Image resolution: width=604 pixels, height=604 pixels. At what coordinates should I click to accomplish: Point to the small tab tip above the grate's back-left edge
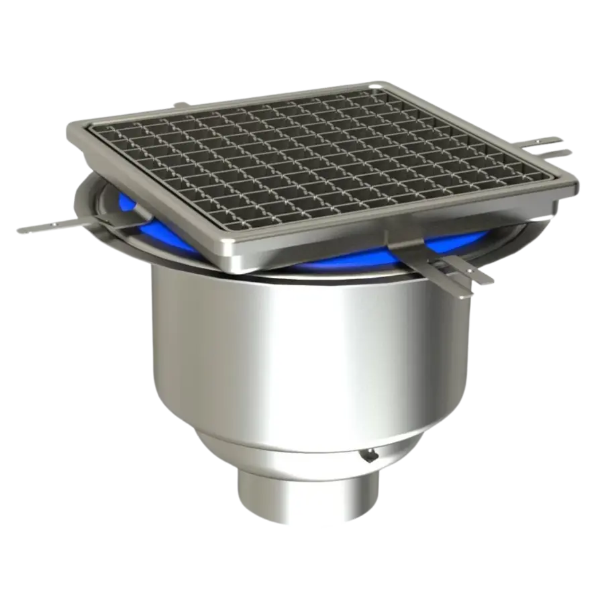(x=179, y=104)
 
